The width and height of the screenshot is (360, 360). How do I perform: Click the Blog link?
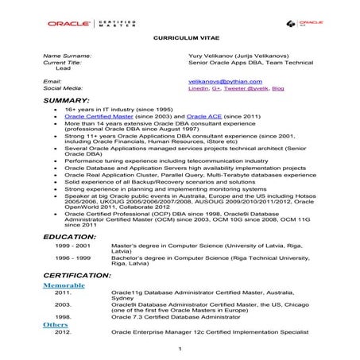click(277, 89)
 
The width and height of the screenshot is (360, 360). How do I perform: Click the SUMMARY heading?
click(66, 101)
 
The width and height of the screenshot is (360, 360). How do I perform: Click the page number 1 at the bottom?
click(180, 349)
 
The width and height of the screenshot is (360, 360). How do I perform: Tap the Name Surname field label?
click(67, 56)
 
